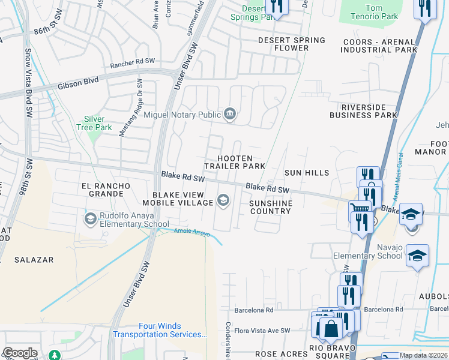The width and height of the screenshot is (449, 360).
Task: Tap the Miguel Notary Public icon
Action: [229, 114]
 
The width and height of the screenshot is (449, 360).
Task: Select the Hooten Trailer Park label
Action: [234, 162]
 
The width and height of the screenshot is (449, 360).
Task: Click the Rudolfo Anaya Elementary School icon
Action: [91, 217]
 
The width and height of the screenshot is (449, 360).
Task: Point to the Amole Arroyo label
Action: [191, 233]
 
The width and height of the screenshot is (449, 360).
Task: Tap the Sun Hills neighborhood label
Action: [306, 173]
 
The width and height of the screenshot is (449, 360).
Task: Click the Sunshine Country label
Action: [270, 207]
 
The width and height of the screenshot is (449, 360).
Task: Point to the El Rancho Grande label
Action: [106, 186]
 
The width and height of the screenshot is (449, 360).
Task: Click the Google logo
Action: [20, 353]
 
